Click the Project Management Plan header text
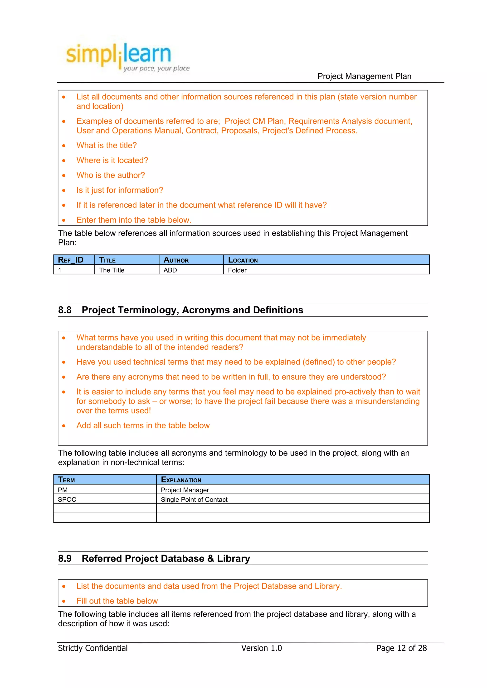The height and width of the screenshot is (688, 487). click(x=364, y=76)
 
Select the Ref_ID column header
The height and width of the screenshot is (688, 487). click(x=71, y=260)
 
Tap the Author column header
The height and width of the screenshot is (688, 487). click(x=176, y=260)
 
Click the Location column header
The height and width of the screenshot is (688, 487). click(x=243, y=260)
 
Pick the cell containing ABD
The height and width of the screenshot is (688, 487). click(x=170, y=270)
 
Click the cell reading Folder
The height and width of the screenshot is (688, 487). click(x=237, y=270)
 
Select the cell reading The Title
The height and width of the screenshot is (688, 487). click(x=112, y=270)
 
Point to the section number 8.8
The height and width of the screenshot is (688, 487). click(x=65, y=310)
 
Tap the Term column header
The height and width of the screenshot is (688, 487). click(x=66, y=480)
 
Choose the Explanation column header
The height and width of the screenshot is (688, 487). click(x=181, y=480)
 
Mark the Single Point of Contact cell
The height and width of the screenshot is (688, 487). click(x=194, y=499)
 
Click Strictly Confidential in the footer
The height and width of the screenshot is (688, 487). click(x=93, y=648)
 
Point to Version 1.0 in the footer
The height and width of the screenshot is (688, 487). click(x=261, y=648)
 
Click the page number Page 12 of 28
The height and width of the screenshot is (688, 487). click(x=401, y=648)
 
